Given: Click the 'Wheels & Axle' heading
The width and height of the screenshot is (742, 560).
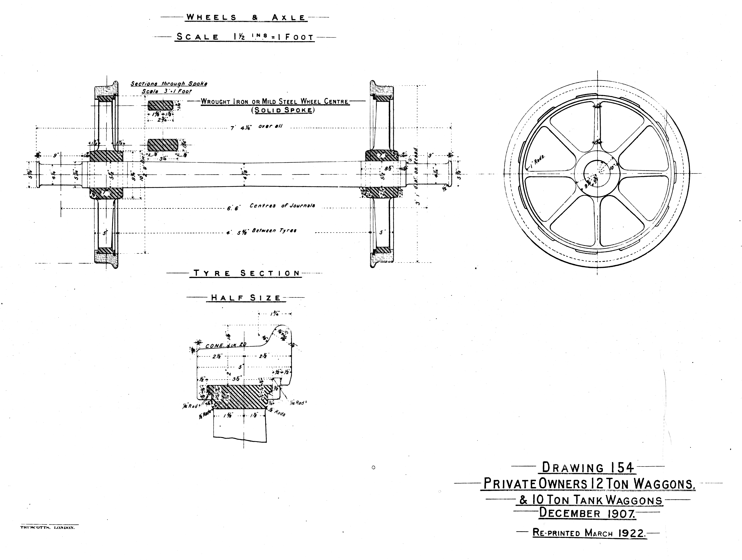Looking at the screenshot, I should [246, 17].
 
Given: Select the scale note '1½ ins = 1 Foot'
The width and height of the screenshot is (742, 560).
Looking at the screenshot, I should [273, 37].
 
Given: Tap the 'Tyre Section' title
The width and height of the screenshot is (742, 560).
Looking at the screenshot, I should [247, 273].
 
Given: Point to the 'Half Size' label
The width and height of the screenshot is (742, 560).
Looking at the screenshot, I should [246, 298].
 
